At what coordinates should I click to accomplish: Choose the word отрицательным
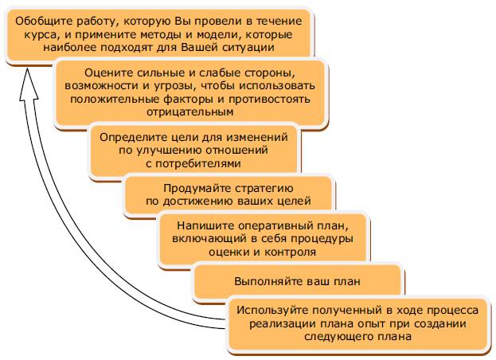point(189,112)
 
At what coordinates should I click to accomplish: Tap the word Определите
point(133,138)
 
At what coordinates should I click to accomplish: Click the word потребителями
point(198,163)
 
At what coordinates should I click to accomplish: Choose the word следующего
point(337,337)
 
